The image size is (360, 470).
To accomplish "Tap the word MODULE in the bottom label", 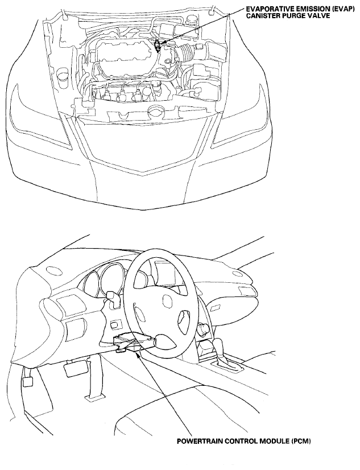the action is (275, 441).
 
